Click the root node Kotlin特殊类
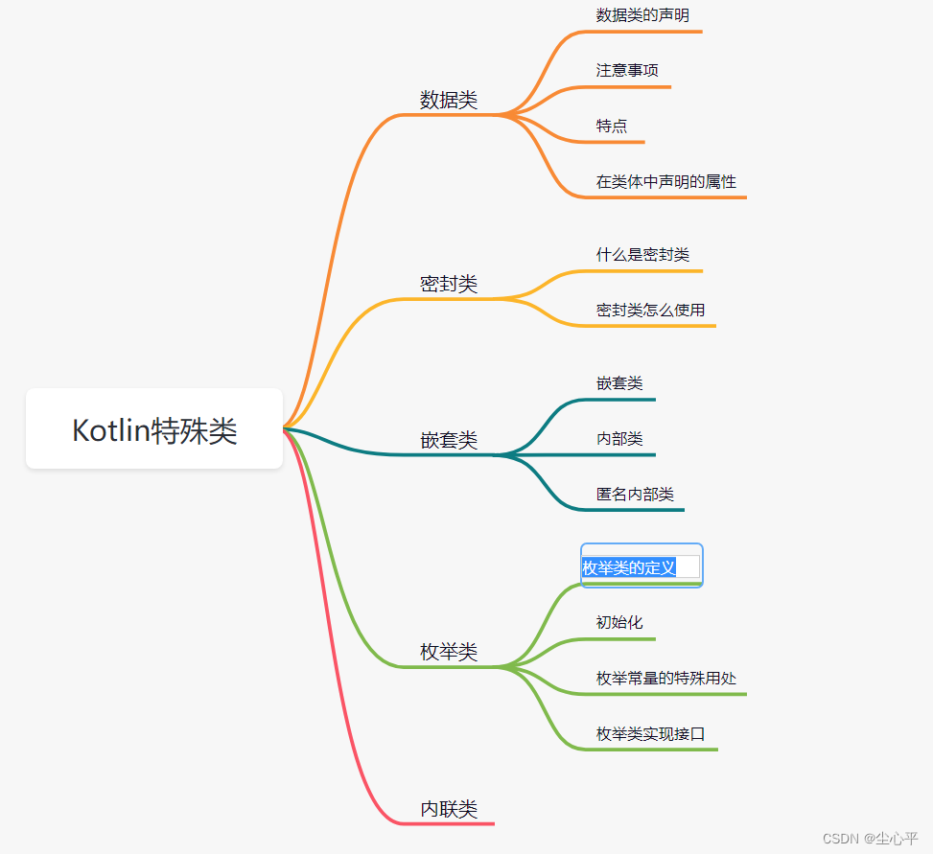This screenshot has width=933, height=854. click(154, 430)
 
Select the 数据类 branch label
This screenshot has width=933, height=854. click(448, 100)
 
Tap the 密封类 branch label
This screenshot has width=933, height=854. click(448, 284)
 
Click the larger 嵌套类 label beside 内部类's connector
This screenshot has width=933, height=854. click(448, 440)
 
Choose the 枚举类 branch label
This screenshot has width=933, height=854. click(448, 652)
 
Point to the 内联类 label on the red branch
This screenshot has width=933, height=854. click(448, 809)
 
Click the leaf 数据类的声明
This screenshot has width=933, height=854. click(641, 15)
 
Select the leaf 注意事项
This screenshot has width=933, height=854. click(627, 71)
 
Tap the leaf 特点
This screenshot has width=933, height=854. click(612, 127)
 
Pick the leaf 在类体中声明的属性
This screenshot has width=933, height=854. click(665, 182)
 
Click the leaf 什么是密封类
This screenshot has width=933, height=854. click(642, 255)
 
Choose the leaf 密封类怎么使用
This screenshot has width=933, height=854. click(650, 311)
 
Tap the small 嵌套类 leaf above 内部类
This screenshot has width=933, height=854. click(619, 383)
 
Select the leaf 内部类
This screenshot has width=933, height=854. click(619, 439)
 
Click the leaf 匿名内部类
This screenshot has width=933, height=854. click(635, 495)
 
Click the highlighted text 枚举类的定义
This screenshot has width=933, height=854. click(629, 567)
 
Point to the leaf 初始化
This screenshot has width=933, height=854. click(619, 623)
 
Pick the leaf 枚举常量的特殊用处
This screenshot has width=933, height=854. click(665, 679)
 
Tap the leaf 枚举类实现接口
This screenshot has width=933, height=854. click(650, 734)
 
